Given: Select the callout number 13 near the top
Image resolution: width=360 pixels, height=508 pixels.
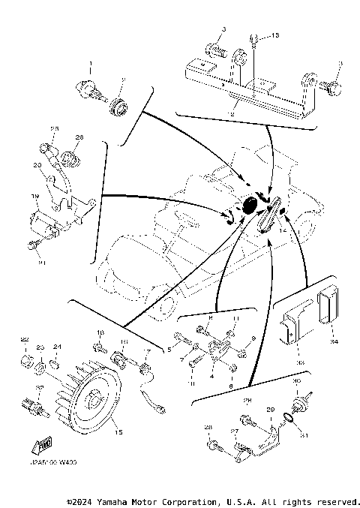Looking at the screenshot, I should (x=274, y=35).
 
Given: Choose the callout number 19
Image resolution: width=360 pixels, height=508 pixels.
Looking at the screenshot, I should (x=35, y=196).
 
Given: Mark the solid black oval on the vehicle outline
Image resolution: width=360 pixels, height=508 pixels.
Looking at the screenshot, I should (x=250, y=203).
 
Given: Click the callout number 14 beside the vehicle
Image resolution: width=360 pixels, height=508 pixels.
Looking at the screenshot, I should (x=283, y=233).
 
